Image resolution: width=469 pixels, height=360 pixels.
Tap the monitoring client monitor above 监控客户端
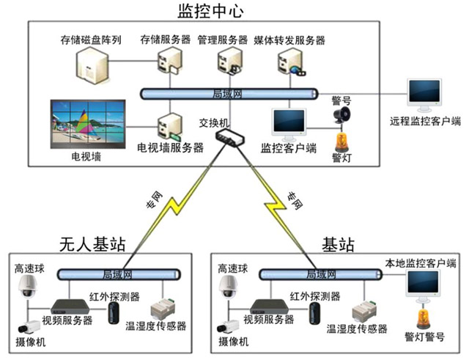289,122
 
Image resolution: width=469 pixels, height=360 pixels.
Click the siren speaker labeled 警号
341,116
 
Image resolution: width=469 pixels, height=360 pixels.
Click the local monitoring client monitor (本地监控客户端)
423,287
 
